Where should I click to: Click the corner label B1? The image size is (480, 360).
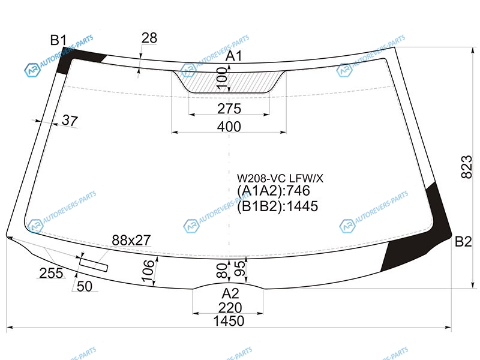click(x=58, y=40)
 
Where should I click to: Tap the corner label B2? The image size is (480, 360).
click(x=463, y=242)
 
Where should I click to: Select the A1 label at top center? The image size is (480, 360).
click(x=234, y=56)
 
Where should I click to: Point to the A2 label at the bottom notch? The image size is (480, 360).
click(x=230, y=293)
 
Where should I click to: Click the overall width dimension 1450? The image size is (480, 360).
click(x=229, y=321)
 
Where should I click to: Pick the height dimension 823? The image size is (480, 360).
click(x=467, y=167)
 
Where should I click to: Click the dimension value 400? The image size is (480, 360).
click(x=229, y=127)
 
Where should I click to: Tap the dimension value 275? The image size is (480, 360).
click(x=229, y=109)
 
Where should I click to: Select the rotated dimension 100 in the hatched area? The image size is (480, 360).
click(x=222, y=79)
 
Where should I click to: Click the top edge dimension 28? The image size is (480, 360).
click(x=149, y=38)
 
